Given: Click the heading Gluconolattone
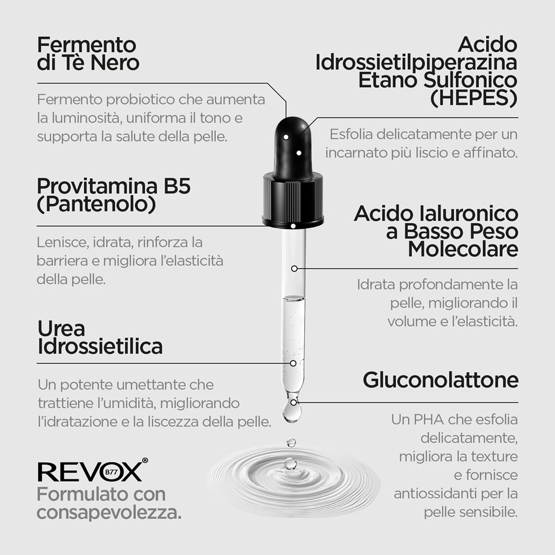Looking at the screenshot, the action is tap(441, 380).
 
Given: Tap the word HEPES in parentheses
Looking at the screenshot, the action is tap(474, 98).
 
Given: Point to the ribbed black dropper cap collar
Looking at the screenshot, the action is tap(293, 199).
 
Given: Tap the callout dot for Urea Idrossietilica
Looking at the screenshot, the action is tap(293, 363).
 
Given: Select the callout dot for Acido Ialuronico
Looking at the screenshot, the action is tap(294, 269).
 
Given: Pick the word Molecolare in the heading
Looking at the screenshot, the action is tap(463, 249).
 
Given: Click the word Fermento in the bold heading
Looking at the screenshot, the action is tap(87, 45).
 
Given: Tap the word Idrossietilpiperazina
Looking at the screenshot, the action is tap(416, 63).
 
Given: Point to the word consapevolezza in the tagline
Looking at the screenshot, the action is tap(109, 512).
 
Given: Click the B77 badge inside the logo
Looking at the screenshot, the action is tap(111, 472).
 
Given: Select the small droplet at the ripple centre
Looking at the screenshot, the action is tap(290, 463).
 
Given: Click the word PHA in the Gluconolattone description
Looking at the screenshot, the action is tap(428, 420).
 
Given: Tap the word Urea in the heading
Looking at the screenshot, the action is tap(61, 329).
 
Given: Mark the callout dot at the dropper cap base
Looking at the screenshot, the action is tap(293, 226).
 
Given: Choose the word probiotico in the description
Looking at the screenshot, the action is tap(140, 100).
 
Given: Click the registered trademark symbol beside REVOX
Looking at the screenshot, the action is tap(145, 460).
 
